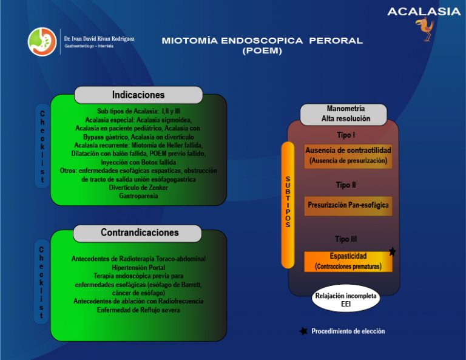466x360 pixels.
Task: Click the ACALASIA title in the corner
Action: (x=424, y=11)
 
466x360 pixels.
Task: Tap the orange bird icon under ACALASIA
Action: (x=426, y=30)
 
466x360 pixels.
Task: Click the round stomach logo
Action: (x=42, y=42)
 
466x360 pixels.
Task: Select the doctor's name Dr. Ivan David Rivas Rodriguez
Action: (x=99, y=38)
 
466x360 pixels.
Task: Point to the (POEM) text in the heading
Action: (x=262, y=51)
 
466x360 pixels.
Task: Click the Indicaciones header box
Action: (x=138, y=95)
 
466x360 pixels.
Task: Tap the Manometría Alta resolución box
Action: (x=345, y=114)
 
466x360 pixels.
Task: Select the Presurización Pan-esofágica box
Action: (x=348, y=205)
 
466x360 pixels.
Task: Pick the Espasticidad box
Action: (x=348, y=261)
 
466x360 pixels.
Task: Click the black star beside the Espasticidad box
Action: (x=393, y=251)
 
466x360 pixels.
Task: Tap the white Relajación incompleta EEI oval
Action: (x=345, y=300)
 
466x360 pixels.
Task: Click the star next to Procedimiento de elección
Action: (x=303, y=331)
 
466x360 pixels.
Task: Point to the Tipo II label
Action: (x=346, y=185)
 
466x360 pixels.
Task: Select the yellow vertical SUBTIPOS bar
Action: (x=288, y=205)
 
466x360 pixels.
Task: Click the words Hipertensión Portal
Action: (x=138, y=267)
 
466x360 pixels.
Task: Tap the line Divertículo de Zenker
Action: (x=138, y=188)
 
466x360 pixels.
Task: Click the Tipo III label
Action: (x=346, y=239)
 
